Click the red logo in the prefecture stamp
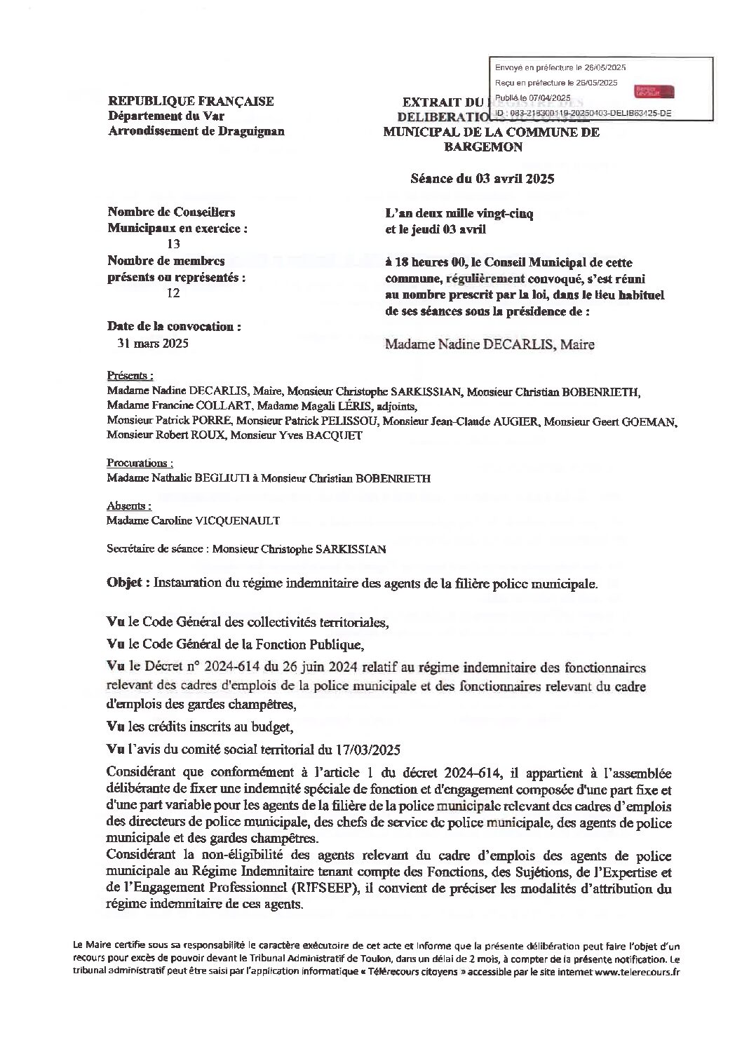[654, 92]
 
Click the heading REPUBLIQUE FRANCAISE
[191, 102]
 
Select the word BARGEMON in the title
[483, 147]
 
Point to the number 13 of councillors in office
[173, 244]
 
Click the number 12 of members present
[173, 293]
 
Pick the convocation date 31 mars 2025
[153, 344]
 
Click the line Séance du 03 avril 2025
[483, 179]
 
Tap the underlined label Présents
[130, 375]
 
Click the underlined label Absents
[128, 506]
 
